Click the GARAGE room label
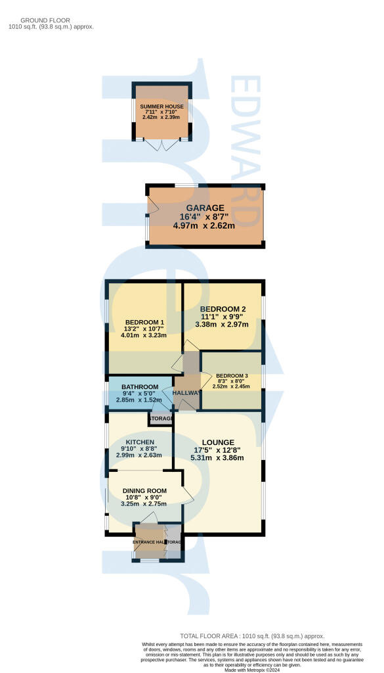click(207, 208)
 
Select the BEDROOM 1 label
click(144, 322)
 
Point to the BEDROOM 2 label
click(223, 309)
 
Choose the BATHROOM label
click(139, 386)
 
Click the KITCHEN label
click(140, 442)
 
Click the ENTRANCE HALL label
click(148, 542)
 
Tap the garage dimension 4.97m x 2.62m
click(207, 225)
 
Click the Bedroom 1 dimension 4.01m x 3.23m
click(144, 335)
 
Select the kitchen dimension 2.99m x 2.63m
click(140, 455)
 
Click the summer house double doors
click(161, 145)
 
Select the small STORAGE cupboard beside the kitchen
click(160, 419)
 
